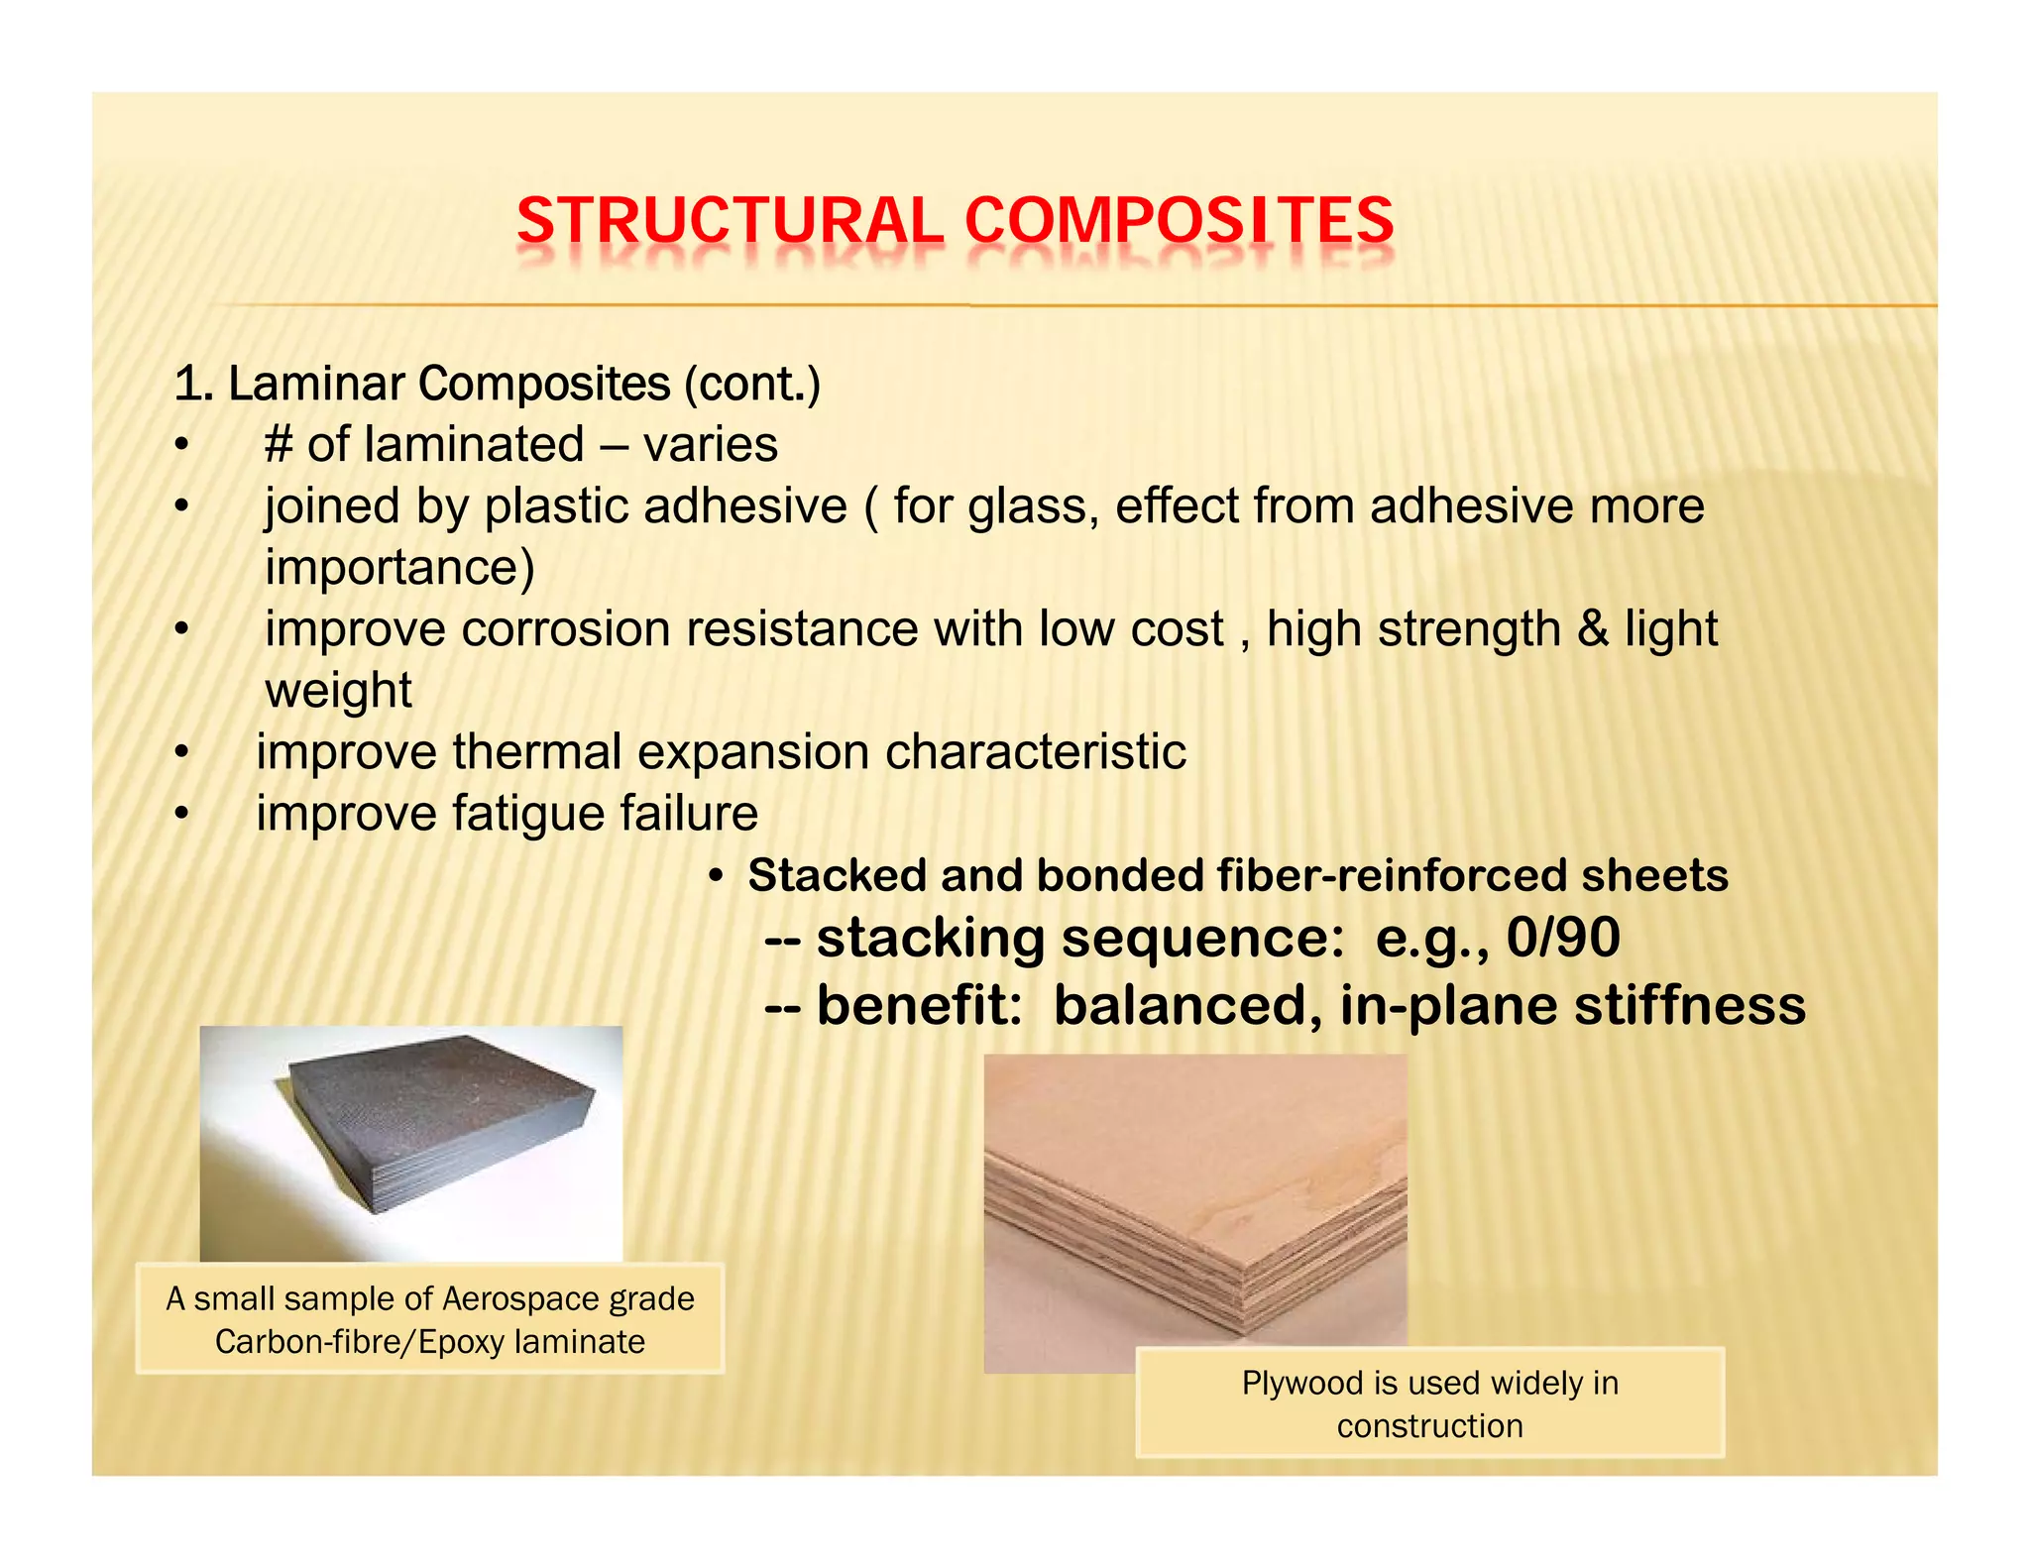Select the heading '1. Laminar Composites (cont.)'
(497, 384)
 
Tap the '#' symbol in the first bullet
(279, 445)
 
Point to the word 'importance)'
(399, 568)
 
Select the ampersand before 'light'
(1593, 629)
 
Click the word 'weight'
(338, 691)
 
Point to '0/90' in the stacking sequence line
(1563, 938)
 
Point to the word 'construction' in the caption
(1429, 1426)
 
